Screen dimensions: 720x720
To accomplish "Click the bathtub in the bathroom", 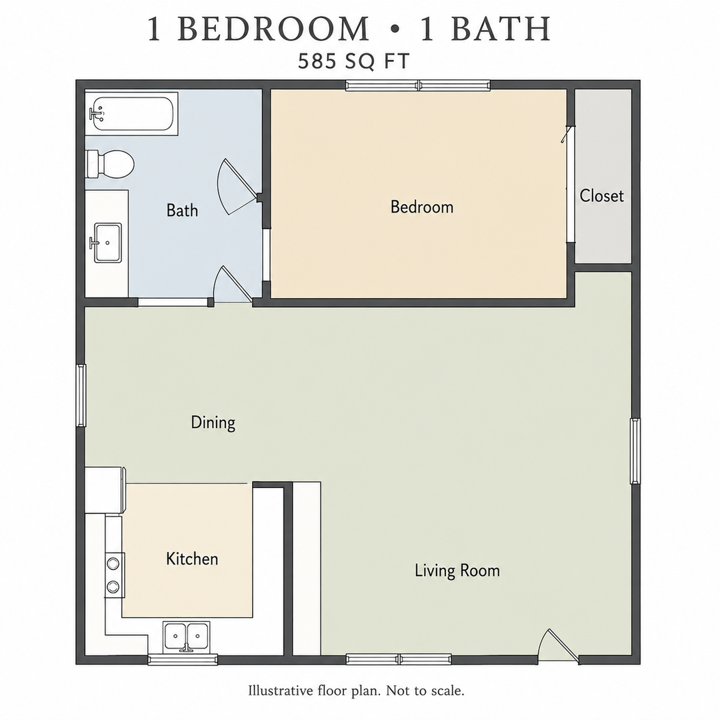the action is point(131,114).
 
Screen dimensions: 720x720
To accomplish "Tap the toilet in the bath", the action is point(110,164).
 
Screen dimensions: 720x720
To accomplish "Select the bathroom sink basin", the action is point(107,243).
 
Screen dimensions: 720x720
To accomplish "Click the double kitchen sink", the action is point(187,637).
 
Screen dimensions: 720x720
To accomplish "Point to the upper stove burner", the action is point(113,563).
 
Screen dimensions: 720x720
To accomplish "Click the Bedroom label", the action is point(421,207).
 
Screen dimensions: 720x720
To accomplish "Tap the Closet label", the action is point(601,195).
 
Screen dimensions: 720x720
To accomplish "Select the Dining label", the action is point(213,423).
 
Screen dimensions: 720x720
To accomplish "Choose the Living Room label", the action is point(457,570).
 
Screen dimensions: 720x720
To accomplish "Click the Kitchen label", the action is point(192,559).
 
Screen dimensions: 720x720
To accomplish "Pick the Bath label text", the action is point(182,210).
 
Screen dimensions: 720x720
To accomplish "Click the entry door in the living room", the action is point(558,646).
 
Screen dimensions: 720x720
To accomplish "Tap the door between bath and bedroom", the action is point(236,187).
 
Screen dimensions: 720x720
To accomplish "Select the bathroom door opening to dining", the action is point(233,285).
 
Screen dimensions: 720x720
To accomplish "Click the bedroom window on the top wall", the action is point(418,85).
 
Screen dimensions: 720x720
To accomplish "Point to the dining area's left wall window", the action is point(81,395).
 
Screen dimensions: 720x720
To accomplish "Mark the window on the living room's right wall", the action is point(635,451).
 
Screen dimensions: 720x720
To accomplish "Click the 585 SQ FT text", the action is point(353,61).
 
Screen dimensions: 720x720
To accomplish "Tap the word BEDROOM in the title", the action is point(273,29).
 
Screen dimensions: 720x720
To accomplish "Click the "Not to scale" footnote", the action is point(425,690).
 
